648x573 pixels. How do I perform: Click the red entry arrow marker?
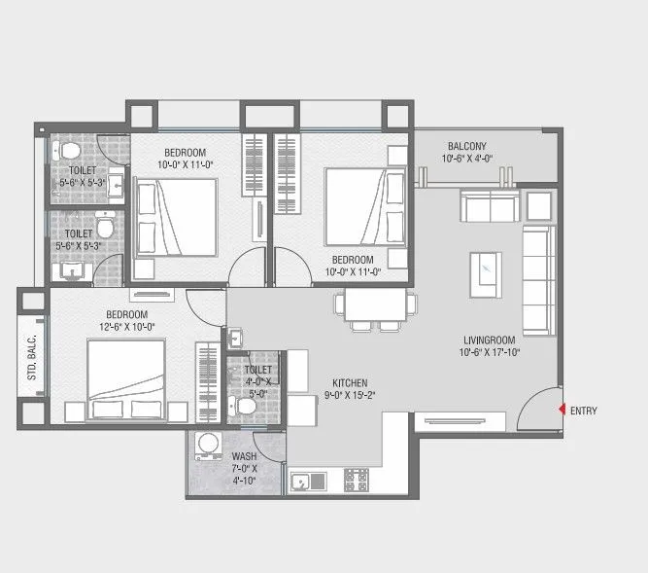pyautogui.click(x=563, y=411)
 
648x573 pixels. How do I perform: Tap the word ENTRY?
pyautogui.click(x=584, y=412)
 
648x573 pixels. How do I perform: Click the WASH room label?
pyautogui.click(x=244, y=456)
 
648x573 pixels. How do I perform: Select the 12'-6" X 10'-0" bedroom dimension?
pyautogui.click(x=128, y=327)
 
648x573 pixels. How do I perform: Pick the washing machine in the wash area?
pyautogui.click(x=207, y=447)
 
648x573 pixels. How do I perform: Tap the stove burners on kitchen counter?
pyautogui.click(x=357, y=480)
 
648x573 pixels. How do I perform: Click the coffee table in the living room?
pyautogui.click(x=485, y=267)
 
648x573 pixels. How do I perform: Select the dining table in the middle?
pyautogui.click(x=369, y=305)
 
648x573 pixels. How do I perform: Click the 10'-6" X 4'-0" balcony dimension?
pyautogui.click(x=467, y=158)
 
